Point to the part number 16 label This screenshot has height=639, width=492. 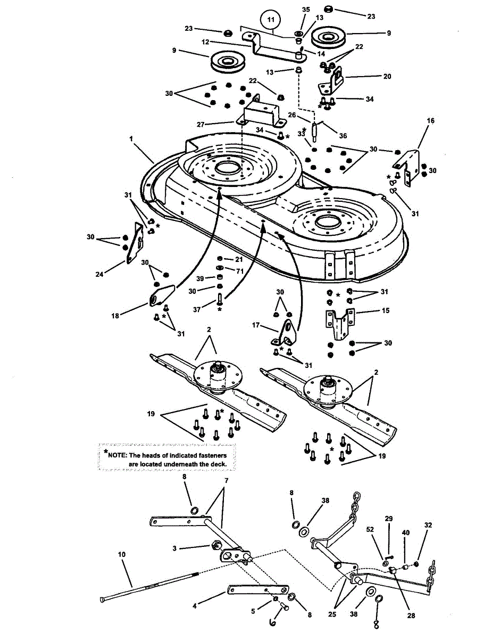(x=430, y=121)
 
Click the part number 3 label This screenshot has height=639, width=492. (x=189, y=547)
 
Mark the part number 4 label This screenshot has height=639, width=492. (x=195, y=606)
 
